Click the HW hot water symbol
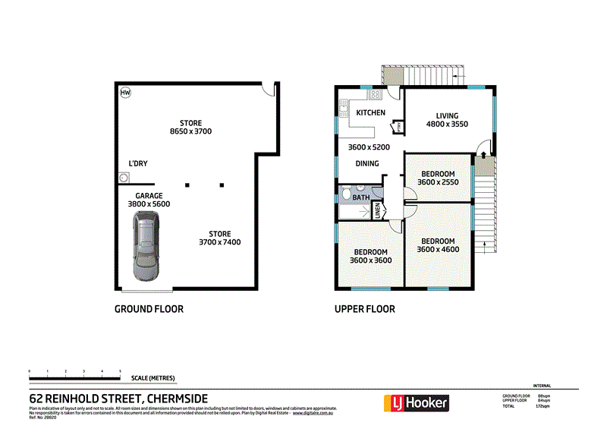(125, 93)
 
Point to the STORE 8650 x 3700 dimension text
(190, 131)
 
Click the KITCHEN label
(371, 113)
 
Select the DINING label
(368, 163)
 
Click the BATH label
(361, 198)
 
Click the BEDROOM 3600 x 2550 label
(438, 178)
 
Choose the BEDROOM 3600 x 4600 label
(439, 245)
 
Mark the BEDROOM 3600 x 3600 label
(370, 257)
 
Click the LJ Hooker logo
(417, 402)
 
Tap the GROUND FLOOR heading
(149, 309)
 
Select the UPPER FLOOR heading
(365, 309)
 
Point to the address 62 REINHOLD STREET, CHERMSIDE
(118, 399)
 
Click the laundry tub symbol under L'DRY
(123, 178)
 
